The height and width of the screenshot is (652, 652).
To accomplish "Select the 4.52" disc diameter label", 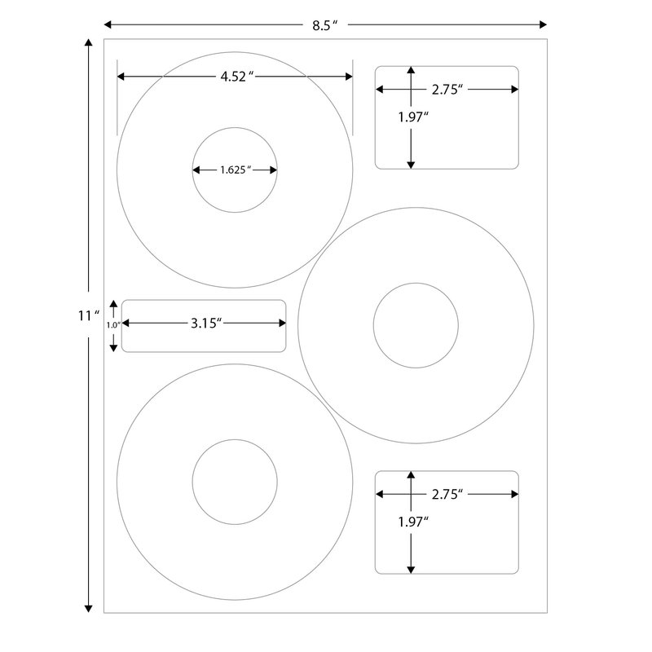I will [x=236, y=77].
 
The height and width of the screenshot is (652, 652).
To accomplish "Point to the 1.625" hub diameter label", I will [x=235, y=170].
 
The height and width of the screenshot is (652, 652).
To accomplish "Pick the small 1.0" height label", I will [x=113, y=324].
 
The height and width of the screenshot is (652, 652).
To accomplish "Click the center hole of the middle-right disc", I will [x=416, y=325].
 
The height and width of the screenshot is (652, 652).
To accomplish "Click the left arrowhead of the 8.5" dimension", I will [x=108, y=25].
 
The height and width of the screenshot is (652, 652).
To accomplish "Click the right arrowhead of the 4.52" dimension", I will [x=349, y=77].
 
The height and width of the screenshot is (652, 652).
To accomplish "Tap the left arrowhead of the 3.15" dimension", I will [x=126, y=323].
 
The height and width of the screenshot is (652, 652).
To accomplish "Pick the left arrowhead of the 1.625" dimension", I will [x=196, y=170].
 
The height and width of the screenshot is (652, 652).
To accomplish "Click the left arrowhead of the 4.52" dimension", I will [x=121, y=77].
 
